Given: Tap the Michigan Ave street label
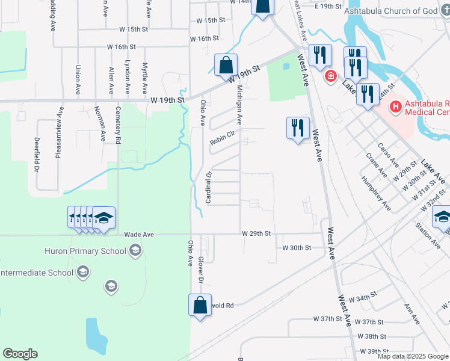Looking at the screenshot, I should [239, 105].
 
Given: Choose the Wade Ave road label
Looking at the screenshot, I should [139, 235].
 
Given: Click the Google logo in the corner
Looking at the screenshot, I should [20, 354].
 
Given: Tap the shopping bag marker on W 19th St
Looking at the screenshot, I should [226, 65].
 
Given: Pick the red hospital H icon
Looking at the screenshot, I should [395, 108].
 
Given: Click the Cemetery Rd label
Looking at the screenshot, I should [119, 128].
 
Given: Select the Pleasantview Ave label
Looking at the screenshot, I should [58, 132].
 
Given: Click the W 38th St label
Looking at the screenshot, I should [372, 336].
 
